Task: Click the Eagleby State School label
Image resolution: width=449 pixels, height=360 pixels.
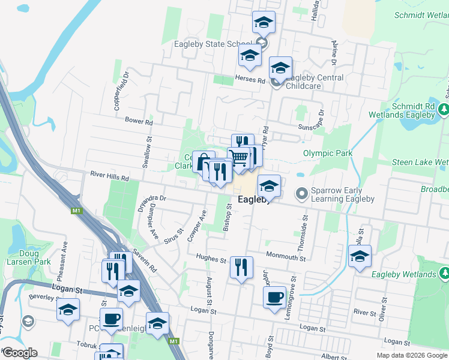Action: coord(212,44)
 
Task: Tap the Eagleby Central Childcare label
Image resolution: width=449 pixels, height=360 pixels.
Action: coord(315,82)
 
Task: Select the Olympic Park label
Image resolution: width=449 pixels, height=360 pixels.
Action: coord(328,153)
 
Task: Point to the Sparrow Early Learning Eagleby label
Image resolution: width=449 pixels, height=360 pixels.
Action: coord(342,194)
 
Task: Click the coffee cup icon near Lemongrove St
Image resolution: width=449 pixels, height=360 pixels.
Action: coord(275,297)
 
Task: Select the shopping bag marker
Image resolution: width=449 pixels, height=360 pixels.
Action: coord(203,161)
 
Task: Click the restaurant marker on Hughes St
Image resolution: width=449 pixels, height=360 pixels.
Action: coord(241,267)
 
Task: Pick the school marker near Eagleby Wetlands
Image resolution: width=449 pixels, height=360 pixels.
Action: coord(360,256)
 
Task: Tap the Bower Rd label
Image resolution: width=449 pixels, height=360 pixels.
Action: coord(139,121)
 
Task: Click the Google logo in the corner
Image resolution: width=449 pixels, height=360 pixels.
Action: coord(19,353)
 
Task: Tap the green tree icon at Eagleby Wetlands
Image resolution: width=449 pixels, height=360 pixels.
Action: coord(444,274)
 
